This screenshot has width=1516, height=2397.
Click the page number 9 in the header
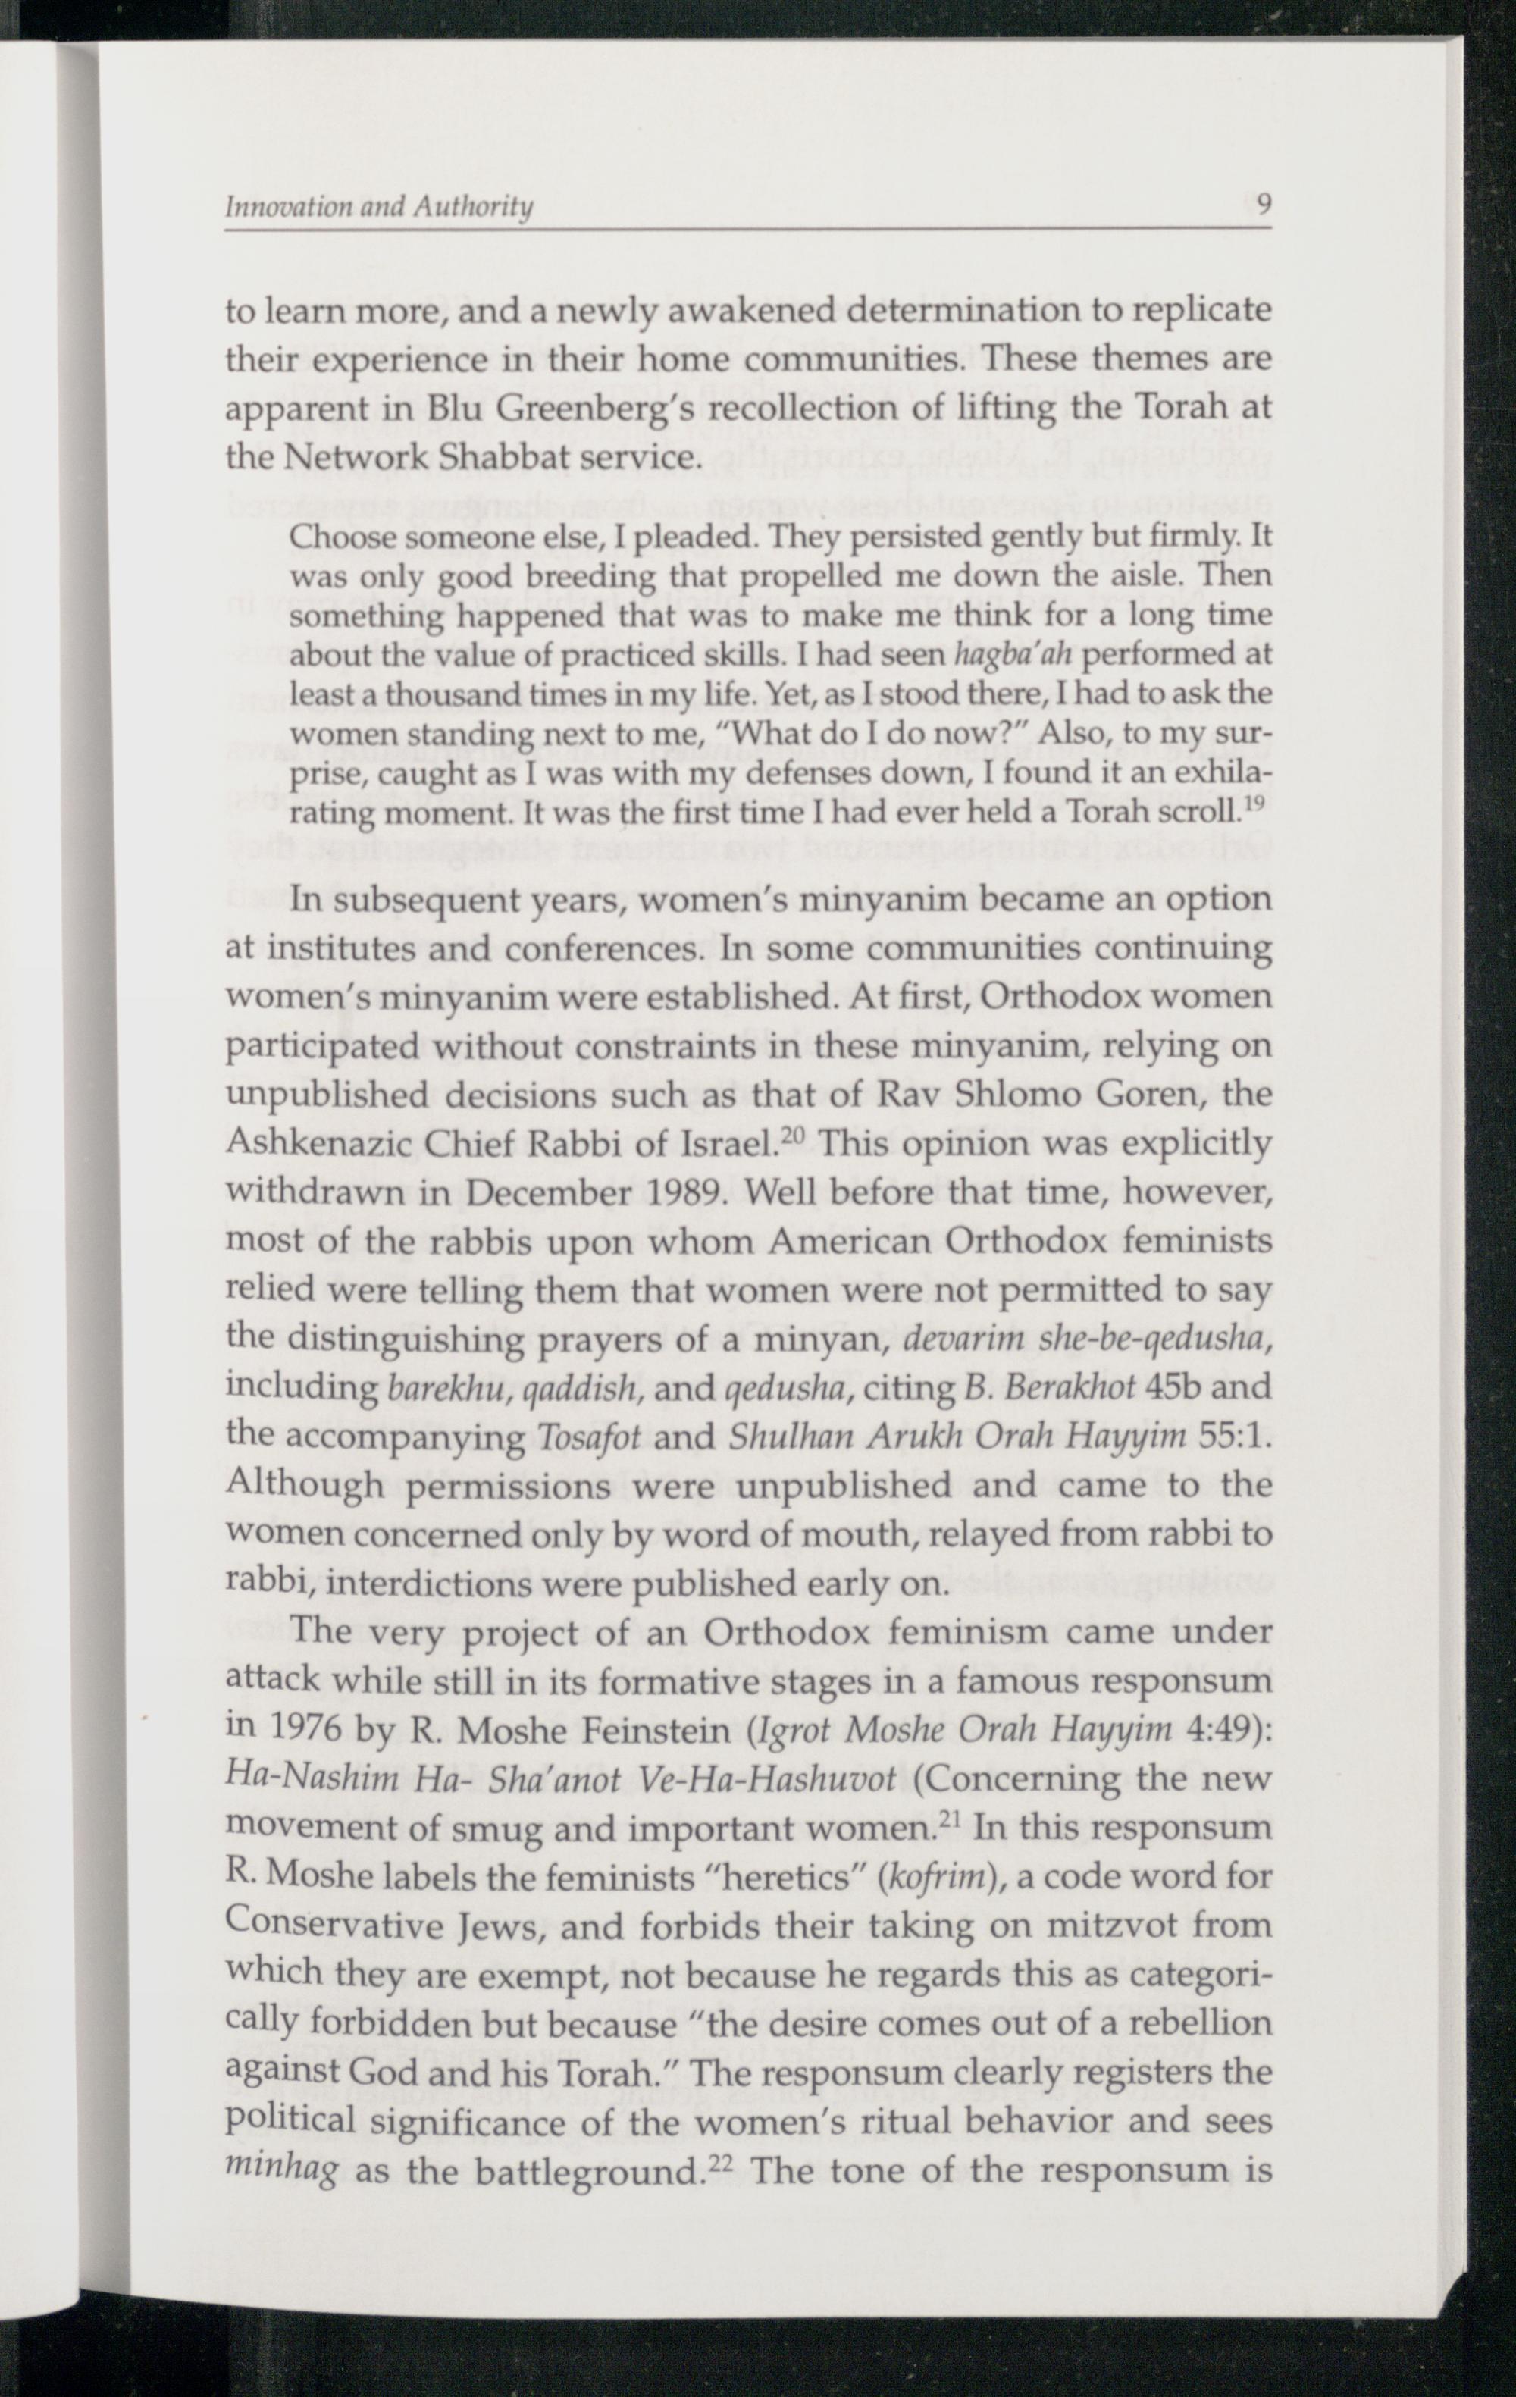[1263, 206]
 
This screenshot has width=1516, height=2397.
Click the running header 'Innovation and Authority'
[378, 207]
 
